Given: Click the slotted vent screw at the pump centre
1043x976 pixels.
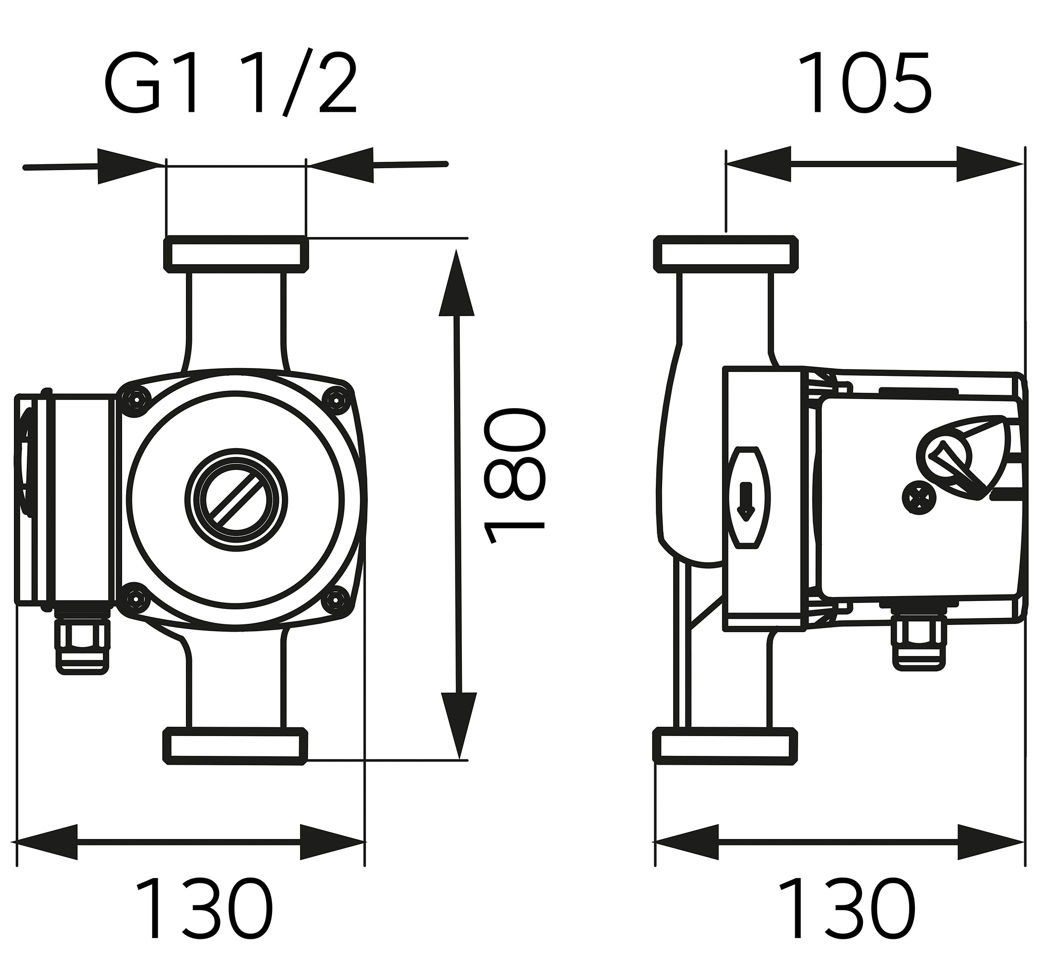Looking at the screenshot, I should tap(235, 500).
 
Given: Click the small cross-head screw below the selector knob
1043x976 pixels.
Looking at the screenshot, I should tap(918, 497).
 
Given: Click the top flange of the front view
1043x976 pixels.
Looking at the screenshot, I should tap(235, 254).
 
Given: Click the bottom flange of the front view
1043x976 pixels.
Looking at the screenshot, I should tap(235, 746).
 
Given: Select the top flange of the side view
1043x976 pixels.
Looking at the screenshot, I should tap(726, 254).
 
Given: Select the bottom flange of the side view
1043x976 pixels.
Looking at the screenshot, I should tap(726, 745).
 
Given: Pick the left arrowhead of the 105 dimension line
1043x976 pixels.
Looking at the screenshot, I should tap(758, 164).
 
